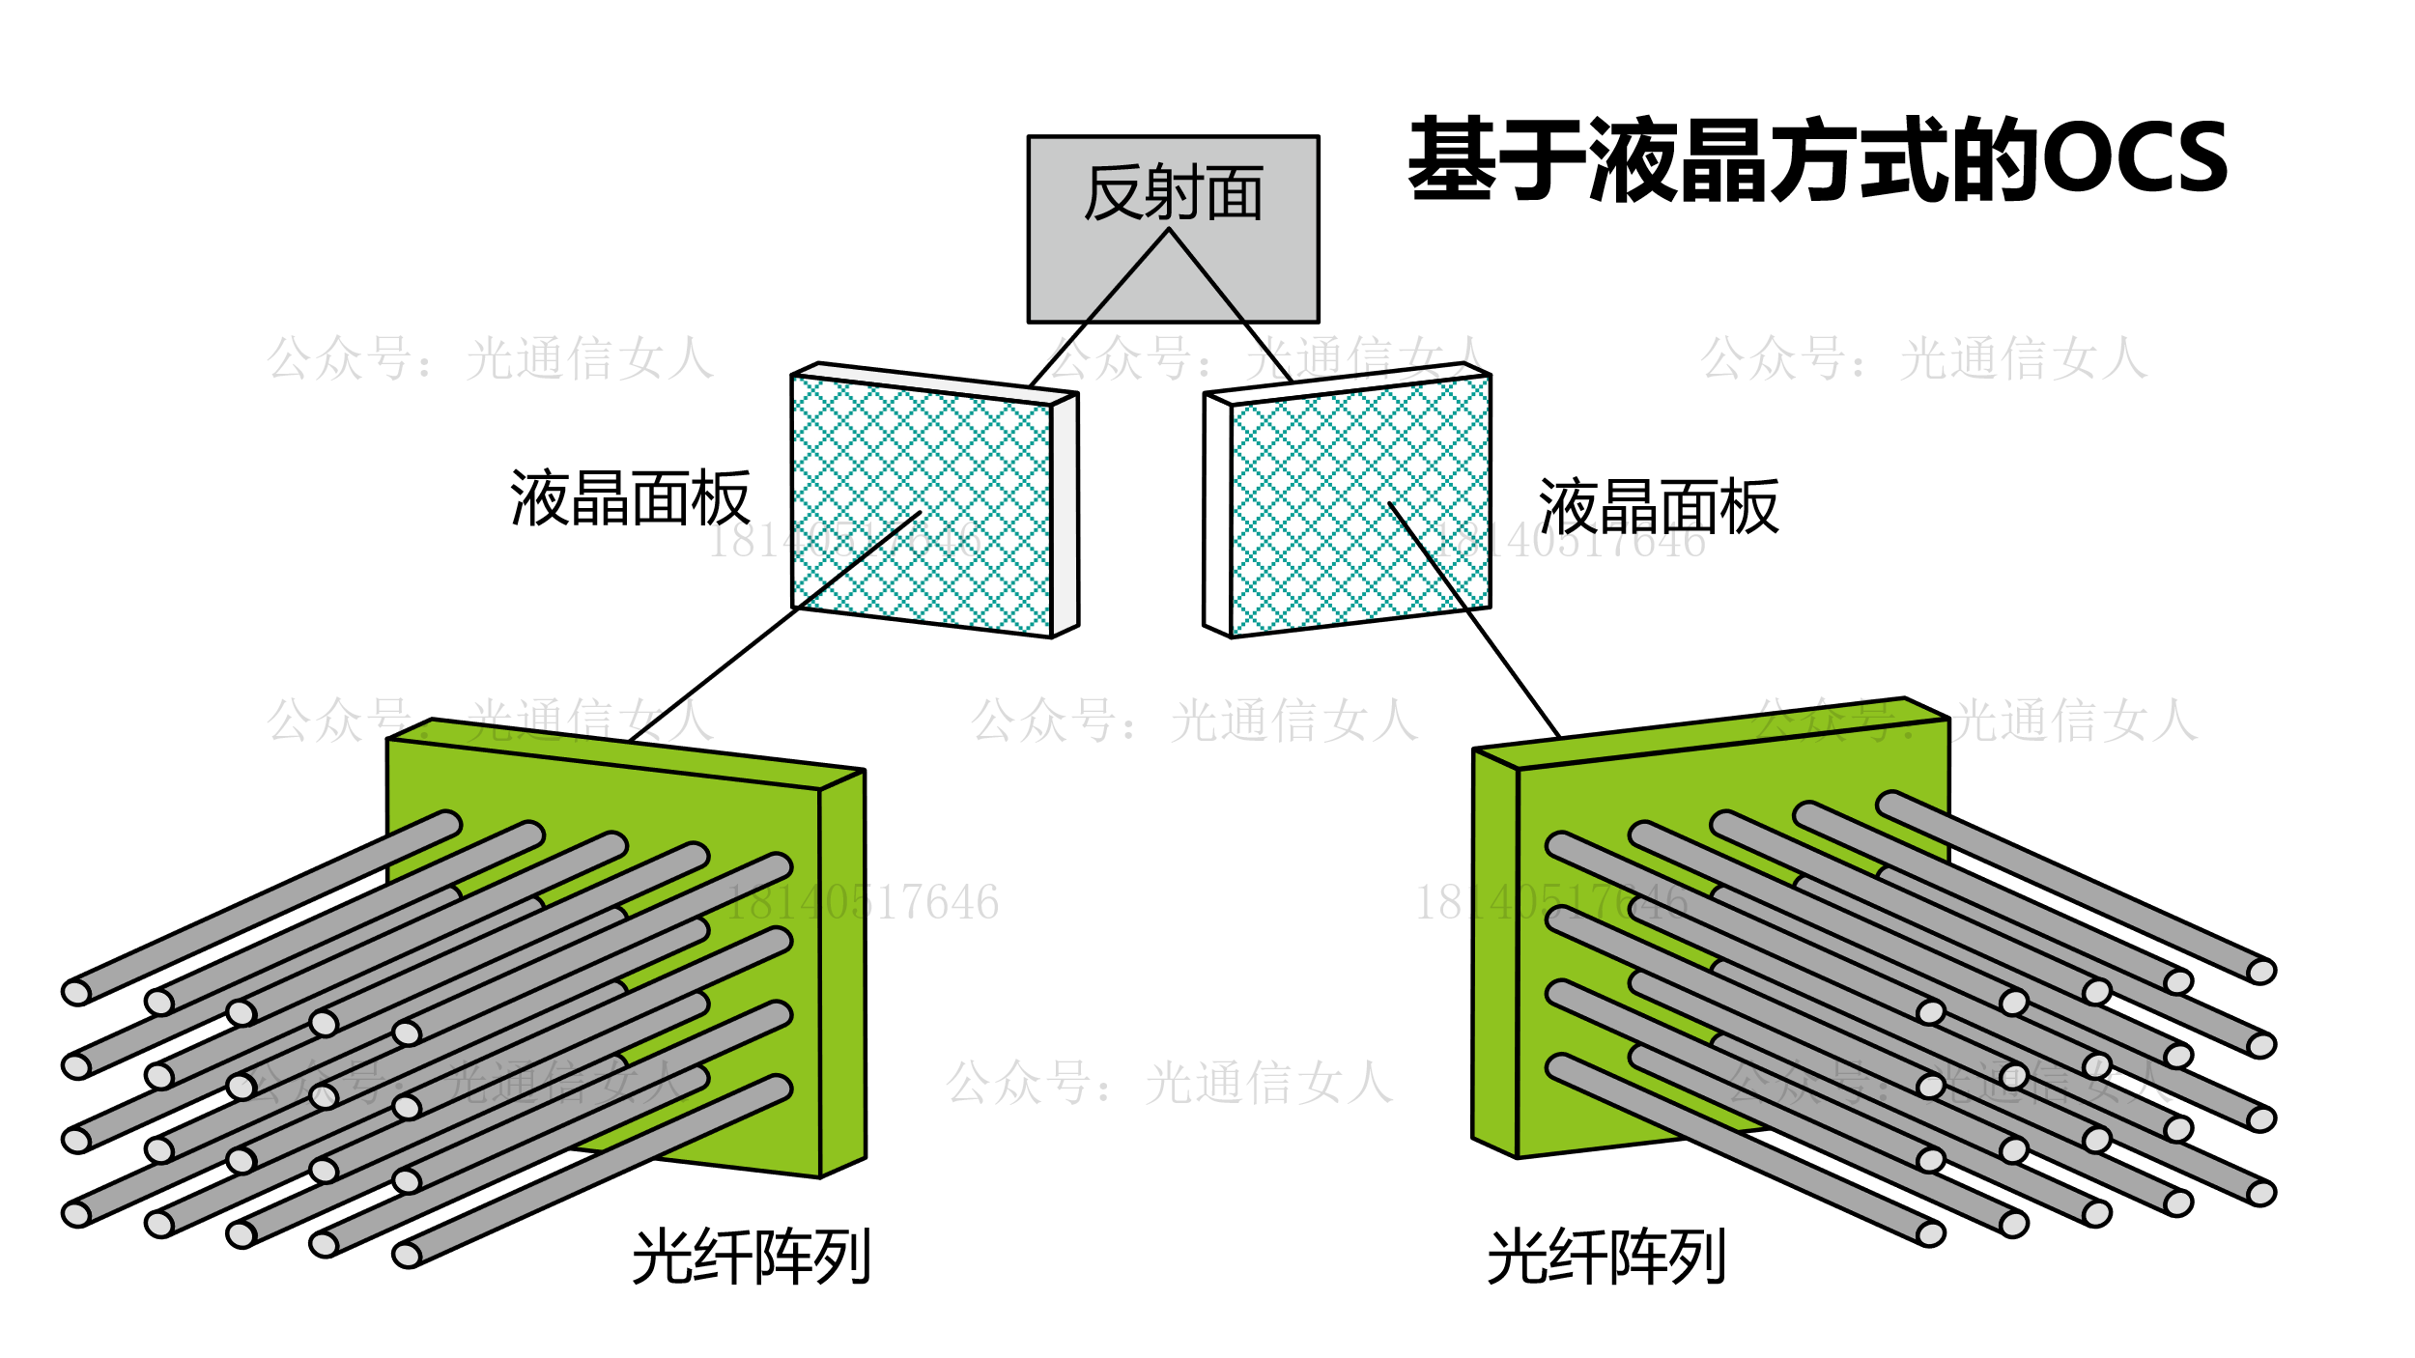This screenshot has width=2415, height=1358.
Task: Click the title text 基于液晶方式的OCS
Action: pos(1816,159)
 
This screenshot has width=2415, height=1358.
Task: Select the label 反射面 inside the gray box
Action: pos(1173,193)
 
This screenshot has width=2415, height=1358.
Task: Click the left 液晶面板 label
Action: pos(630,498)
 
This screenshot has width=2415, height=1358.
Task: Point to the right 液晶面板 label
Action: pos(1658,506)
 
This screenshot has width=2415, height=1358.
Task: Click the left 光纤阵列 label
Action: pos(752,1257)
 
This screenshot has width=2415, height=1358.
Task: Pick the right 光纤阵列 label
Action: pos(1605,1257)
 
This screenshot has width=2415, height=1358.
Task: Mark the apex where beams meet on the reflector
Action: pos(1169,230)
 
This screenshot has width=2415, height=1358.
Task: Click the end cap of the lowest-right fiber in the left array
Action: pos(407,1255)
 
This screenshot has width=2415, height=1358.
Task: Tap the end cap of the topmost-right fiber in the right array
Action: pos(2261,972)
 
